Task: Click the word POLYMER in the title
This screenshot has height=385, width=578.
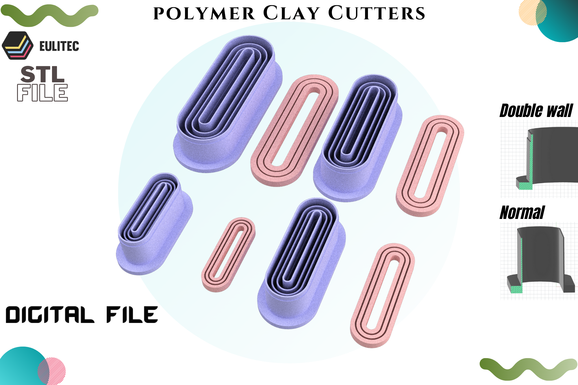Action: (204, 14)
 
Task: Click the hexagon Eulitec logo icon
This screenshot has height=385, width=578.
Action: (18, 46)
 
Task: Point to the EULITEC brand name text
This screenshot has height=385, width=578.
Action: (59, 46)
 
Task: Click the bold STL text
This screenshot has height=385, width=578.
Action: (42, 74)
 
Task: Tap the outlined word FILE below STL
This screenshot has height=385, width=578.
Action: (42, 93)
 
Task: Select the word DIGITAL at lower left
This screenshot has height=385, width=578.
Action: (50, 315)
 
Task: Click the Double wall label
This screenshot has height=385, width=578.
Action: (536, 111)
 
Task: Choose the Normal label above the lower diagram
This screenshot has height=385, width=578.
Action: (522, 213)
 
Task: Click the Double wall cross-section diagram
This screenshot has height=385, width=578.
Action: (539, 159)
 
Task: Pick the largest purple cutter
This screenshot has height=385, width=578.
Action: (228, 104)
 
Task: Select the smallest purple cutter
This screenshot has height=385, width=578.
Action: (154, 224)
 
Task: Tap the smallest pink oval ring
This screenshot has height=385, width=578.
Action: (228, 255)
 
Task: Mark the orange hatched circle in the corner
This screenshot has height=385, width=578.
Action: (532, 12)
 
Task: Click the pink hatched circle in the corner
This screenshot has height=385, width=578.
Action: (52, 371)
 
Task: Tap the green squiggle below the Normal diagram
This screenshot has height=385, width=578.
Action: (529, 369)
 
